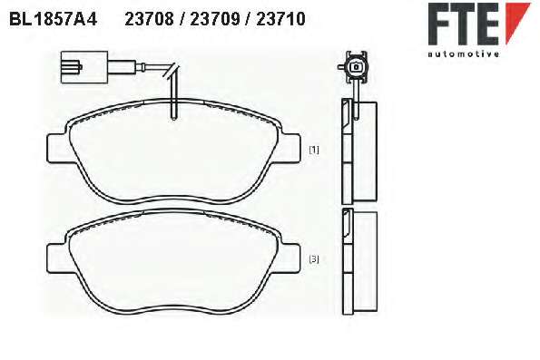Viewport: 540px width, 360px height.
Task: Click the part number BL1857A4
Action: click(x=54, y=19)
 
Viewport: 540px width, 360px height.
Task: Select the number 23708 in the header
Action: click(x=149, y=19)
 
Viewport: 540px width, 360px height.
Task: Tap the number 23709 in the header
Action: click(x=215, y=19)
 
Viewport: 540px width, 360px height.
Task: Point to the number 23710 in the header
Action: click(x=280, y=19)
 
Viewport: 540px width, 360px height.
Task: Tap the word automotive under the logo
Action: click(x=464, y=54)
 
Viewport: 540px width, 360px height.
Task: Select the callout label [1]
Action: click(x=314, y=150)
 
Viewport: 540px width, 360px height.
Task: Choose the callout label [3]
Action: click(x=314, y=258)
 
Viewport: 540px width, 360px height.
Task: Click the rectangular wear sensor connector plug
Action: click(x=84, y=67)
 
